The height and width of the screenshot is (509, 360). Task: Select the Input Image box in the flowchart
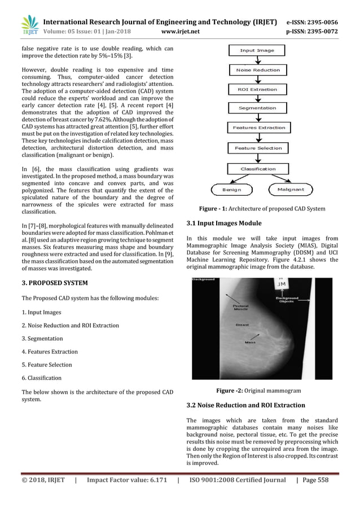click(257, 51)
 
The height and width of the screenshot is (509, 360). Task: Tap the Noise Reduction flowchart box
click(258, 71)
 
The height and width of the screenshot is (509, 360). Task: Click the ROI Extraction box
click(258, 89)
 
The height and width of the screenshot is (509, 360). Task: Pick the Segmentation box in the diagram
click(258, 108)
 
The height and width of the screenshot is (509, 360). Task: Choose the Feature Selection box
click(258, 148)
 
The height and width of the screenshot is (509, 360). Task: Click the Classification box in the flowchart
click(258, 169)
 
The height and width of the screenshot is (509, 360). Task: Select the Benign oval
click(231, 190)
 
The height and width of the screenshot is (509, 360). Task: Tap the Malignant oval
click(291, 190)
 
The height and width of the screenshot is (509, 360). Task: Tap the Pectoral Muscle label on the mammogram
click(241, 308)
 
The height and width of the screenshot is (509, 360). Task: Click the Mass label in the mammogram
click(249, 342)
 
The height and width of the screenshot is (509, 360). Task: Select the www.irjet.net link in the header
click(180, 32)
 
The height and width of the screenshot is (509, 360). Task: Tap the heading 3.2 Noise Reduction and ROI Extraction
click(245, 405)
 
